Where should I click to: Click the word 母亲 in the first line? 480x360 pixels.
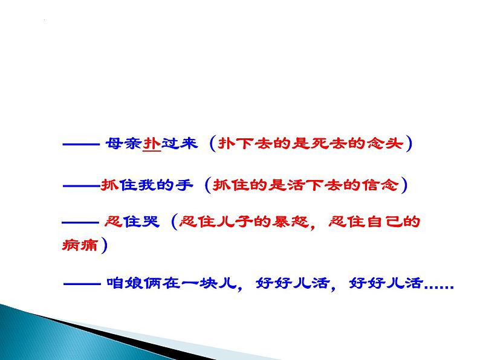pyautogui.click(x=123, y=145)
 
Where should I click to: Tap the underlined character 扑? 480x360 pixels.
pyautogui.click(x=151, y=145)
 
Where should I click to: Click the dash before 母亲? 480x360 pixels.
pyautogui.click(x=80, y=145)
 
